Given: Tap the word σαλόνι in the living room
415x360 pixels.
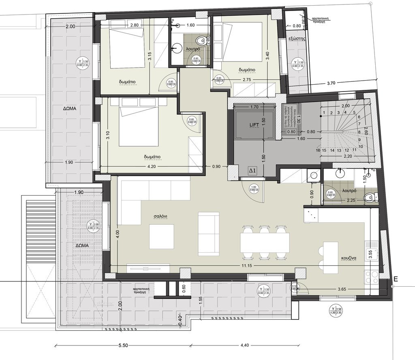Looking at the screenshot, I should (160, 216).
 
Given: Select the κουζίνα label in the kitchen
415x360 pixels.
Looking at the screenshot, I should (348, 258).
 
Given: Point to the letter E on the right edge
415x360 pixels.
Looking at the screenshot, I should (396, 279).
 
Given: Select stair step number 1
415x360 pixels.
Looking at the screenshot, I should (324, 113).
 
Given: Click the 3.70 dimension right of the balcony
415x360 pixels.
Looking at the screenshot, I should (331, 83).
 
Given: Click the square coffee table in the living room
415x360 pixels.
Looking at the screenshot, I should (161, 236).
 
